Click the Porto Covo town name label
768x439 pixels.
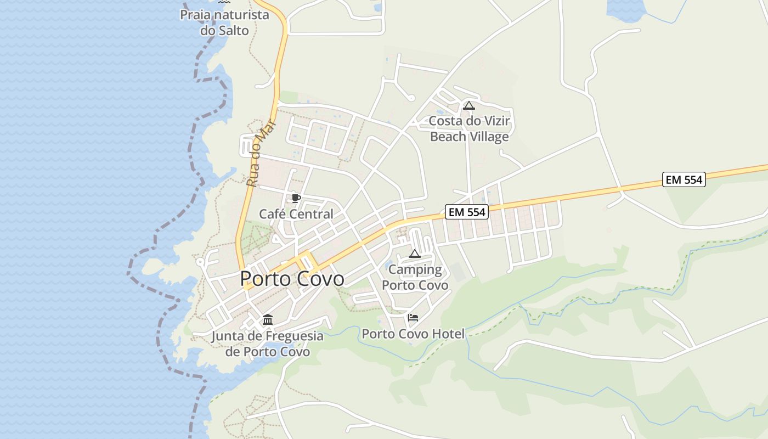pos(292,279)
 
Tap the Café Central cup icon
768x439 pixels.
pos(296,198)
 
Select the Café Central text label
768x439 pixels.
pos(296,214)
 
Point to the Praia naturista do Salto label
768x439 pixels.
pos(224,22)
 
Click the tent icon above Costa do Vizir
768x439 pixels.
pos(468,105)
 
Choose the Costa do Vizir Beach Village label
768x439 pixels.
pos(469,128)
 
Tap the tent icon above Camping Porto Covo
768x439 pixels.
pos(415,254)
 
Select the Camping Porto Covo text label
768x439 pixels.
pos(415,277)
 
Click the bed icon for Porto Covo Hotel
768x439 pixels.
pos(413,317)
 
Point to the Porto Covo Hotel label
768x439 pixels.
pos(413,334)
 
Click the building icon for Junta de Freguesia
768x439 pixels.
pos(268,320)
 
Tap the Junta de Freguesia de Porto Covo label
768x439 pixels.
pos(268,344)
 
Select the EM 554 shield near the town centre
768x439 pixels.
pos(466,212)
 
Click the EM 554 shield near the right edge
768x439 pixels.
pos(684,179)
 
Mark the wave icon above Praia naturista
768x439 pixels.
pos(224,3)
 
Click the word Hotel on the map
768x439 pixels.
pos(447,334)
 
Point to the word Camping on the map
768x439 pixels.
pos(415,269)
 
